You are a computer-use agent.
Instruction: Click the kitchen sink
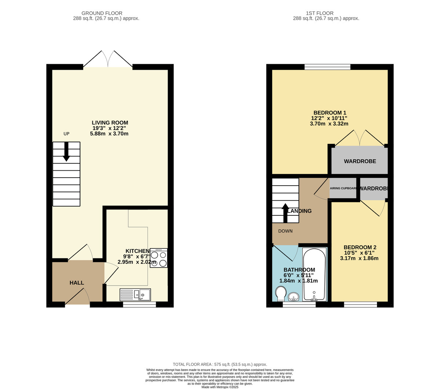pos(135,295)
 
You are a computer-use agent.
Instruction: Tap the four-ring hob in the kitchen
pos(158,258)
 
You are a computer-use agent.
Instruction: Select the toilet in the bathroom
pos(281,294)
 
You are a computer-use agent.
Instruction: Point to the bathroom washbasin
pos(294,297)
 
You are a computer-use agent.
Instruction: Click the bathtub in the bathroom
pos(315,275)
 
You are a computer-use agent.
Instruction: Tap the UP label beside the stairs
pos(66,134)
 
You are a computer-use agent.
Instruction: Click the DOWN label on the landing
pos(285,231)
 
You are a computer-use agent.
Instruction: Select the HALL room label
pos(77,283)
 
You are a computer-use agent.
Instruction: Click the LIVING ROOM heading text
pos(110,123)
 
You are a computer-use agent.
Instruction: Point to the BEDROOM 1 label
pos(330,113)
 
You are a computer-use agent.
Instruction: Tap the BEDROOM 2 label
pos(360,247)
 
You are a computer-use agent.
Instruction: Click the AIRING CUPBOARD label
pos(343,188)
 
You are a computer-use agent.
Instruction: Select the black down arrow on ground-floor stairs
pos(66,152)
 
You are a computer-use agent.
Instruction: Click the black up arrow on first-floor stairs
pos(285,213)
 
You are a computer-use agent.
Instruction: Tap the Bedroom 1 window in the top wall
pos(327,67)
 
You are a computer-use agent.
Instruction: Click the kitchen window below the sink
pos(139,305)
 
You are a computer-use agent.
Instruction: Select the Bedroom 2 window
pos(360,305)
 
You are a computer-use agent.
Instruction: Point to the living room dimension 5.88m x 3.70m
pos(109,134)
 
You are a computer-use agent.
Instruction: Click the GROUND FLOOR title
pos(102,13)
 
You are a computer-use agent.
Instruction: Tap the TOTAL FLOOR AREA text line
pos(220,364)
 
